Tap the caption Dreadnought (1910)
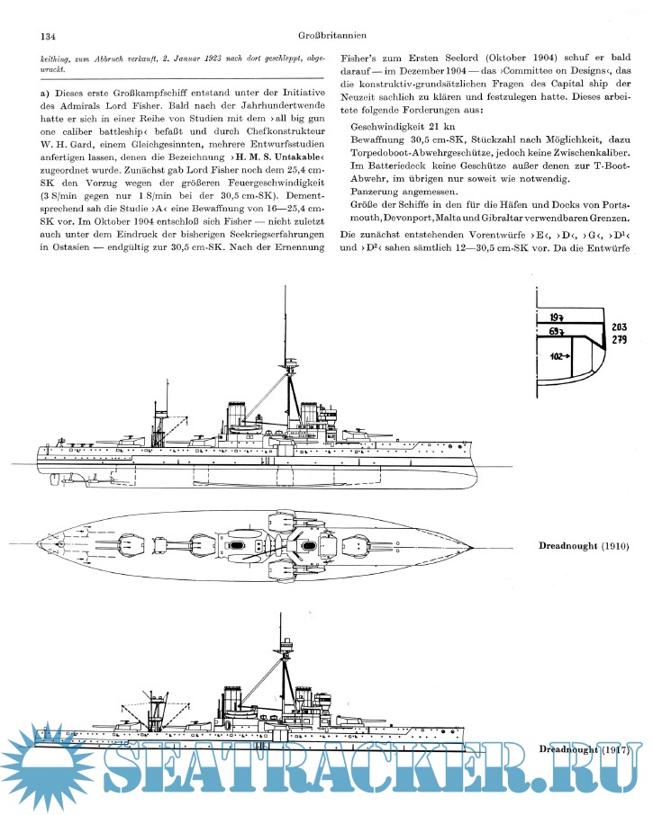(x=584, y=546)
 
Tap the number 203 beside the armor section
(x=620, y=327)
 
